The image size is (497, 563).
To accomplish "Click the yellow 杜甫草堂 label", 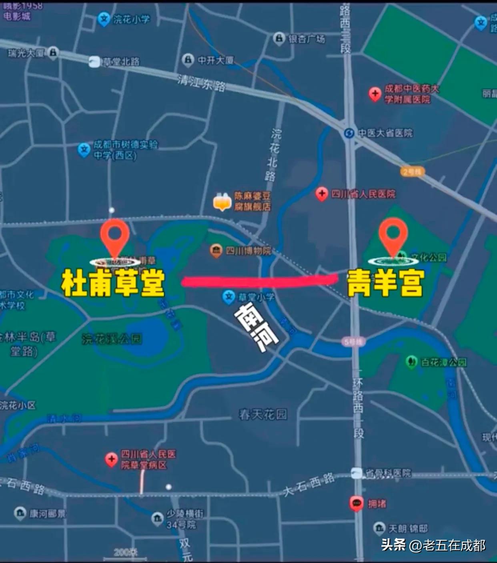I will click(113, 283).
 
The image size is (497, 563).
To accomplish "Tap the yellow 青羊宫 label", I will click(385, 283).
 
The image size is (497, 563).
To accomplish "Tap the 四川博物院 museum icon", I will click(216, 251).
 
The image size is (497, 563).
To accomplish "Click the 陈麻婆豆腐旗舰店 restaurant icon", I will click(222, 201).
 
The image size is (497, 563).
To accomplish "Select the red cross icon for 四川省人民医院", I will click(322, 194).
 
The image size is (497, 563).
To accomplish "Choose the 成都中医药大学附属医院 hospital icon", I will click(375, 94).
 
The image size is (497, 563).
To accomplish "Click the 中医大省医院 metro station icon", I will click(349, 133).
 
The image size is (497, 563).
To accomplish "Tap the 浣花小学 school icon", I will click(104, 19).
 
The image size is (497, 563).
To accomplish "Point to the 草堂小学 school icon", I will click(228, 297).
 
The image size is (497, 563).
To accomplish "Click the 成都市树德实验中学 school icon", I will click(84, 150).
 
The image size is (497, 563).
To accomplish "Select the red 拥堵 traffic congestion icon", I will click(356, 503).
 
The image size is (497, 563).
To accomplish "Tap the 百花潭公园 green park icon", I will click(411, 362).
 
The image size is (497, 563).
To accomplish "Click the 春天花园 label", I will click(263, 414).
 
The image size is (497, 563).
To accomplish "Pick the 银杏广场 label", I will click(307, 39).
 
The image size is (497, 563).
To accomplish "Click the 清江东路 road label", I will click(202, 83).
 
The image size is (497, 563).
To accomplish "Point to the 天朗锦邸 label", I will click(408, 529).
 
